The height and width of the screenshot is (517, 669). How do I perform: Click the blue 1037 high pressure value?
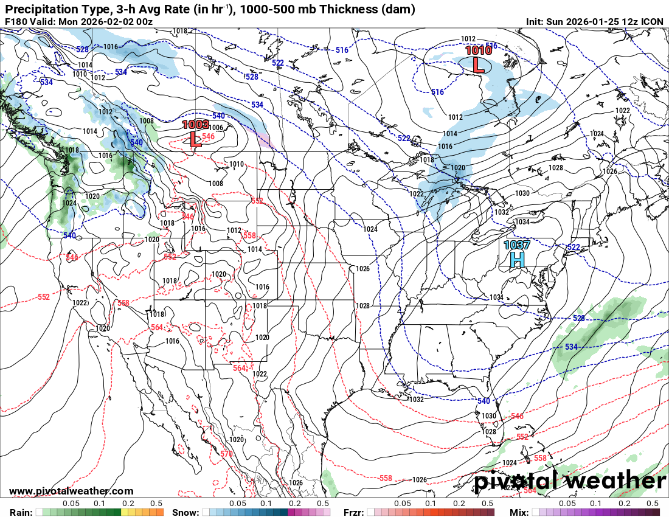516,245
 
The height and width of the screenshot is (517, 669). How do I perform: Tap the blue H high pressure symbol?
516,260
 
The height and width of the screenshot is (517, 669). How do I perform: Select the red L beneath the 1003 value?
195,139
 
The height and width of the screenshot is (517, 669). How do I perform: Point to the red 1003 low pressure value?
196,125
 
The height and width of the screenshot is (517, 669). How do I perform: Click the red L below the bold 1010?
479,64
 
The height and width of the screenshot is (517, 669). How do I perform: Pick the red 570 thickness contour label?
226,454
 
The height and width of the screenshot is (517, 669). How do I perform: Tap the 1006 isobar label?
217,128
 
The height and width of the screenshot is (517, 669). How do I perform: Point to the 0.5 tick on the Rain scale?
156,504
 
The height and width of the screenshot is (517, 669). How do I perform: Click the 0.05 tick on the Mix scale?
567,504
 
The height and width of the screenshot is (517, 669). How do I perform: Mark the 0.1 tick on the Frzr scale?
430,504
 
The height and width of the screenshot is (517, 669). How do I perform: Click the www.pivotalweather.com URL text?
71,491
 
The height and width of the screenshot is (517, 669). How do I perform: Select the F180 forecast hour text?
16,22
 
